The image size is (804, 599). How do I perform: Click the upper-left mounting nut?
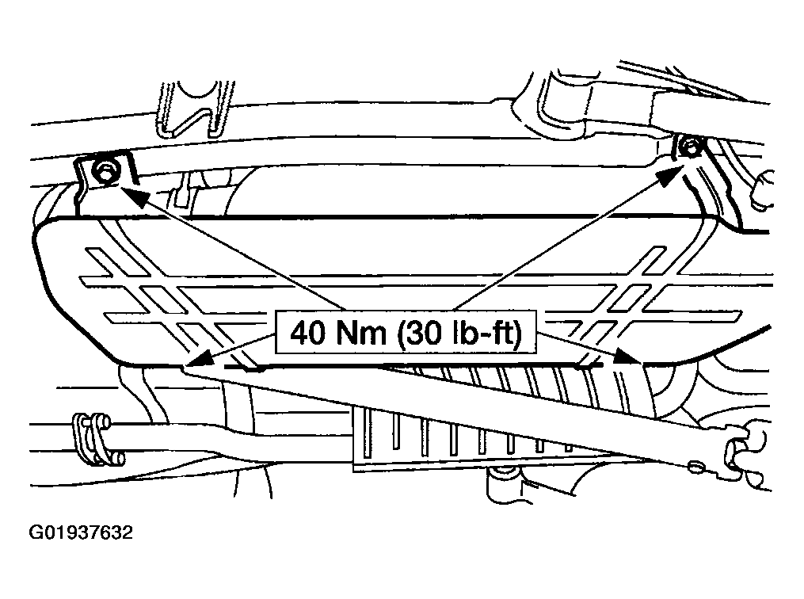click(102, 170)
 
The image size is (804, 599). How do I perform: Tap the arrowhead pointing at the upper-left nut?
click(130, 193)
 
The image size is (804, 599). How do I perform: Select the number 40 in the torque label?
click(305, 333)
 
